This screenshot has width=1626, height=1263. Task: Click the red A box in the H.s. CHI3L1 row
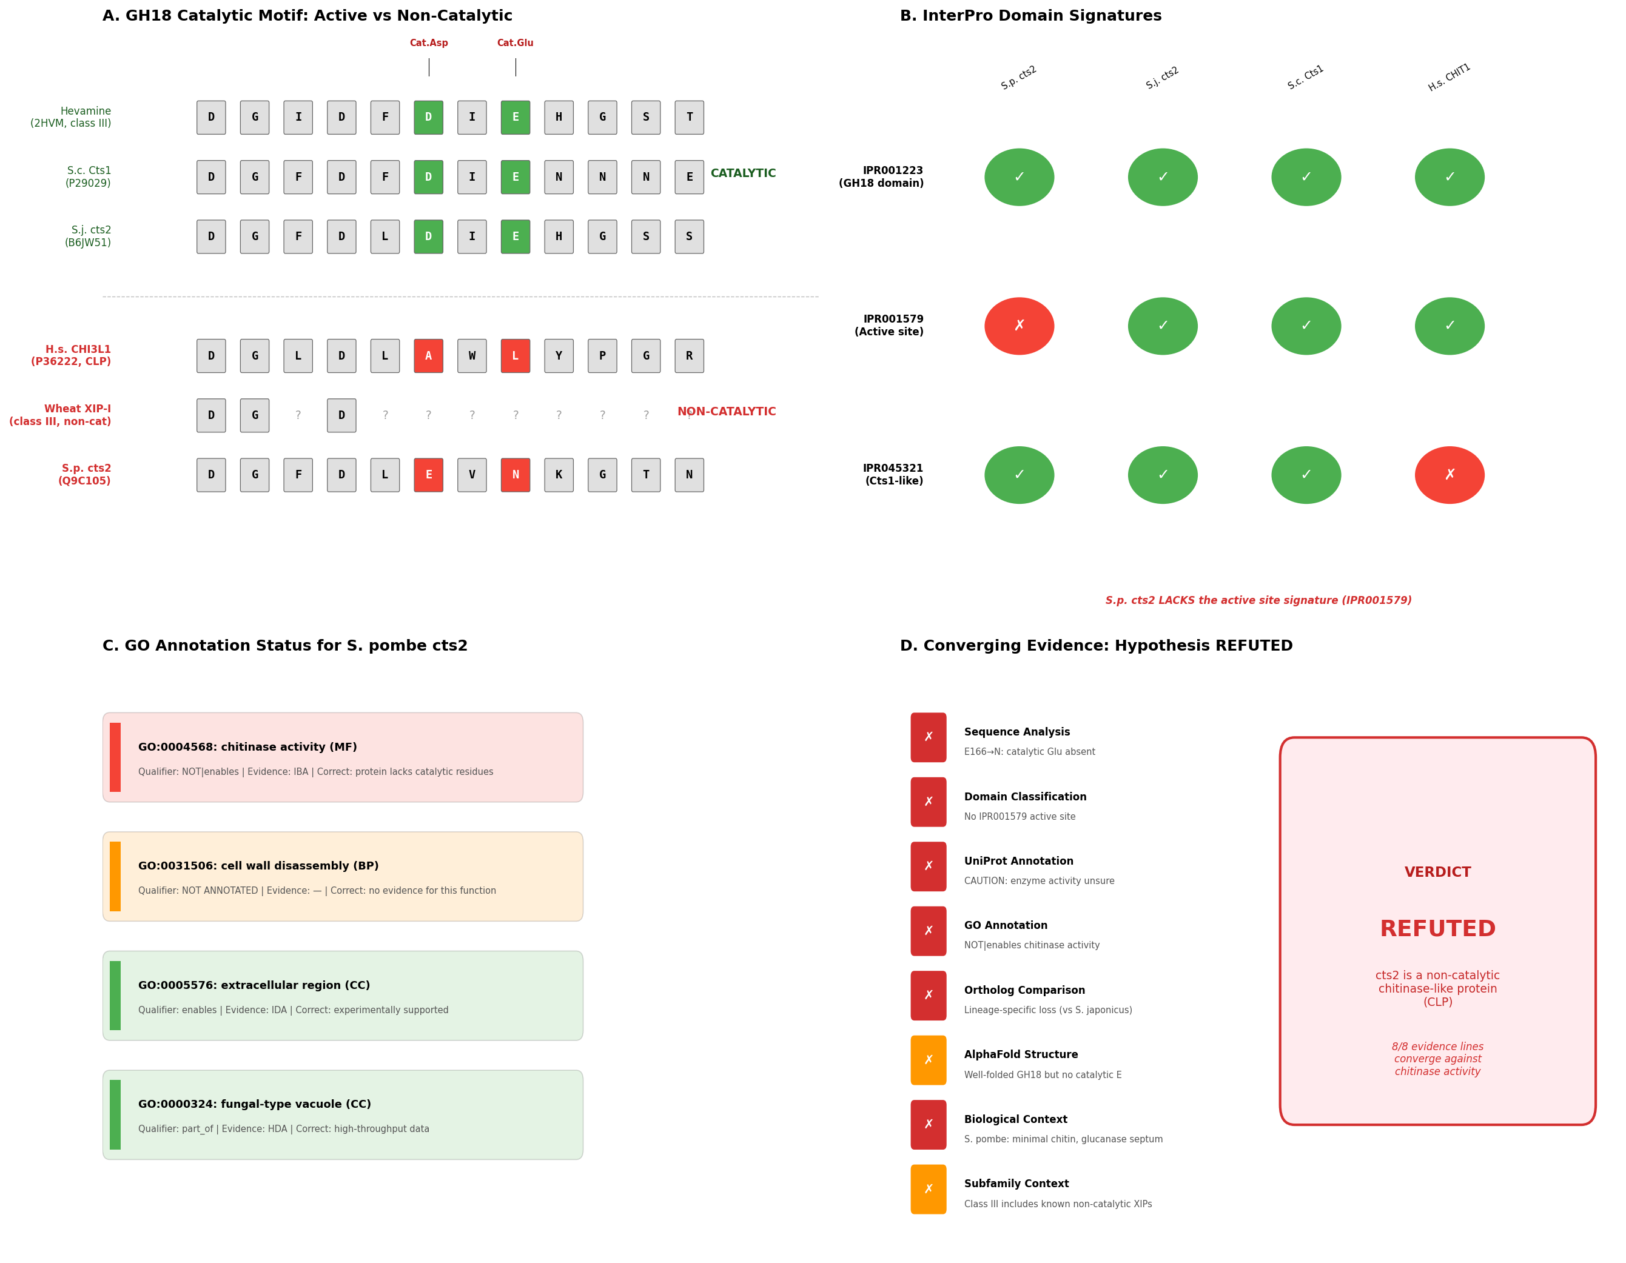point(428,356)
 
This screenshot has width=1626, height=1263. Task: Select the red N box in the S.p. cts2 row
point(515,475)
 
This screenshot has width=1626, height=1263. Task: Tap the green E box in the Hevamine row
point(515,118)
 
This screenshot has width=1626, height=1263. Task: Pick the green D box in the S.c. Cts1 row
point(428,177)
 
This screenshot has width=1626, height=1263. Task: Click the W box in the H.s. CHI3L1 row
point(472,356)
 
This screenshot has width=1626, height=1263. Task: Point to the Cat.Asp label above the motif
point(429,43)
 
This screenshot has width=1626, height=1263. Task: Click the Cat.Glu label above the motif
point(515,43)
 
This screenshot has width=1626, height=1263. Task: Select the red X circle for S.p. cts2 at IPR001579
point(1020,326)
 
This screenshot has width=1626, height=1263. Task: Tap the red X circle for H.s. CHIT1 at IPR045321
point(1450,475)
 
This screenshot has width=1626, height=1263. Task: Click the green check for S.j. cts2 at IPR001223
point(1163,177)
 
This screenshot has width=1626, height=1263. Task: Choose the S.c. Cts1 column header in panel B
point(1306,78)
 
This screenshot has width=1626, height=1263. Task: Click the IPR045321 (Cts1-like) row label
point(893,475)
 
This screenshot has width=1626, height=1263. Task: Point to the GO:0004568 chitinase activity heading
point(248,747)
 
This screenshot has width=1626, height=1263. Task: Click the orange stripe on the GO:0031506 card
point(115,877)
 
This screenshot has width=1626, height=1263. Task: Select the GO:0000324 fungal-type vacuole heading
point(255,1105)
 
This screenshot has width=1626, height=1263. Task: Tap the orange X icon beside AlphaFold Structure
point(929,1060)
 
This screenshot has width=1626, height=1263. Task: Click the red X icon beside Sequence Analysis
point(929,737)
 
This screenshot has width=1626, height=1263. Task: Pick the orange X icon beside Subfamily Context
point(929,1189)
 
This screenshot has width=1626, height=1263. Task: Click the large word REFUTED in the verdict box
point(1437,929)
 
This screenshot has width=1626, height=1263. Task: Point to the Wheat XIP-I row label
point(60,415)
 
